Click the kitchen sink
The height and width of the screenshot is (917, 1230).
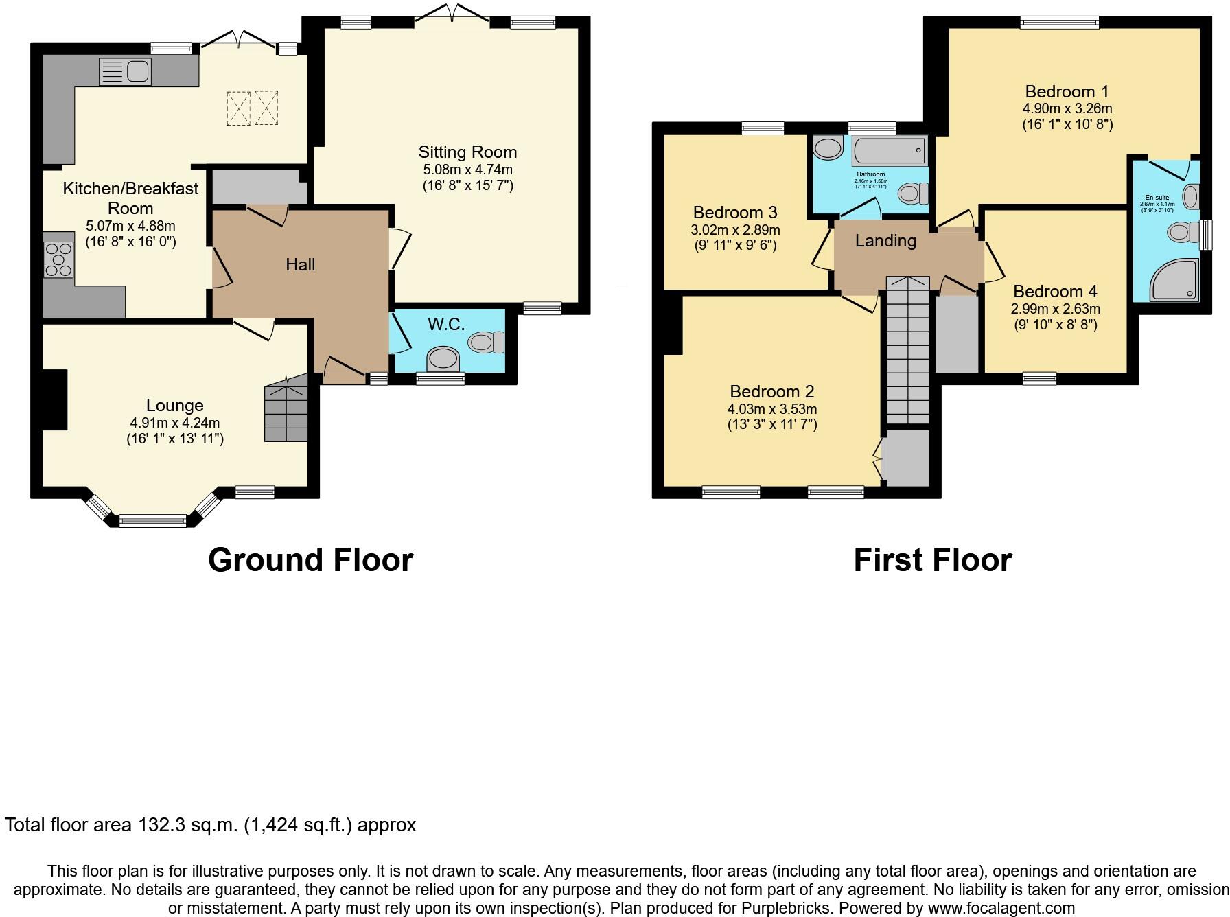(x=126, y=71)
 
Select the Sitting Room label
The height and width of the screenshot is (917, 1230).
(x=467, y=152)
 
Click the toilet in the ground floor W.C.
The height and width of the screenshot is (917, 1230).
(x=486, y=342)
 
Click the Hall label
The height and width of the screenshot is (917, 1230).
(x=300, y=264)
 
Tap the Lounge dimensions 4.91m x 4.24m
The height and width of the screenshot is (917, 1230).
(x=175, y=423)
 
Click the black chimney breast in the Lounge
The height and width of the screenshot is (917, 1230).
(x=54, y=399)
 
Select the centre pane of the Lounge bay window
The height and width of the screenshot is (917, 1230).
(x=152, y=521)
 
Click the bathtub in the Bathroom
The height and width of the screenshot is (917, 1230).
(x=890, y=150)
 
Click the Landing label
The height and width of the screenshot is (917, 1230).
(x=885, y=241)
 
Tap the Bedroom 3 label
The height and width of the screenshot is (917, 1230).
(x=735, y=212)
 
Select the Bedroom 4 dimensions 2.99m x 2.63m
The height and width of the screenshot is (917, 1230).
(x=1055, y=309)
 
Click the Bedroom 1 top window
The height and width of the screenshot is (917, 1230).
(x=1059, y=23)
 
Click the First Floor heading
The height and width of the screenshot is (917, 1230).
(x=932, y=560)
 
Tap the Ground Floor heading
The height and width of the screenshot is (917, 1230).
(x=310, y=560)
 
